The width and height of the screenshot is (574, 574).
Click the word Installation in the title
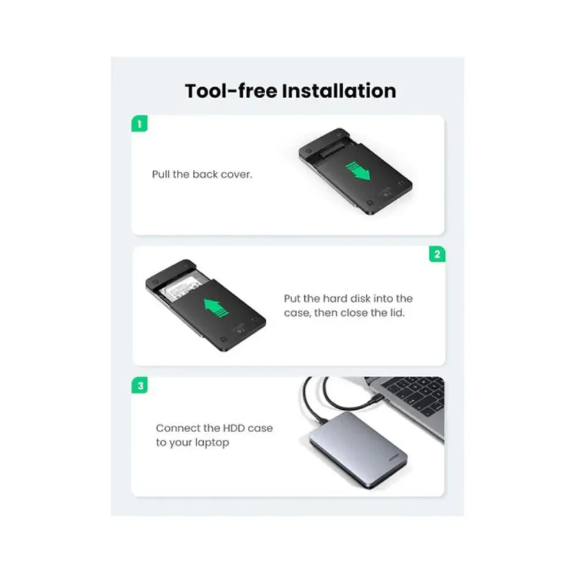[339, 91]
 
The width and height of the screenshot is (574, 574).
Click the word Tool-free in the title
[231, 91]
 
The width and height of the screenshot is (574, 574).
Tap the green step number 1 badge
[139, 124]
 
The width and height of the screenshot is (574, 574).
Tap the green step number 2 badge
[437, 254]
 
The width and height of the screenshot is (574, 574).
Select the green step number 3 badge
[140, 386]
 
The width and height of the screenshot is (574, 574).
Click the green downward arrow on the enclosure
[358, 170]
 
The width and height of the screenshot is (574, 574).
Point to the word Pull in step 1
[161, 174]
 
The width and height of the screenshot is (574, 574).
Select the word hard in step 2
[335, 298]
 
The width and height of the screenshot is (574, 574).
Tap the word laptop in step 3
[212, 443]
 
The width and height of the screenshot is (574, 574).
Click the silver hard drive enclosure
[358, 450]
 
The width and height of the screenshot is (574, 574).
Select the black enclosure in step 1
[355, 171]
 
